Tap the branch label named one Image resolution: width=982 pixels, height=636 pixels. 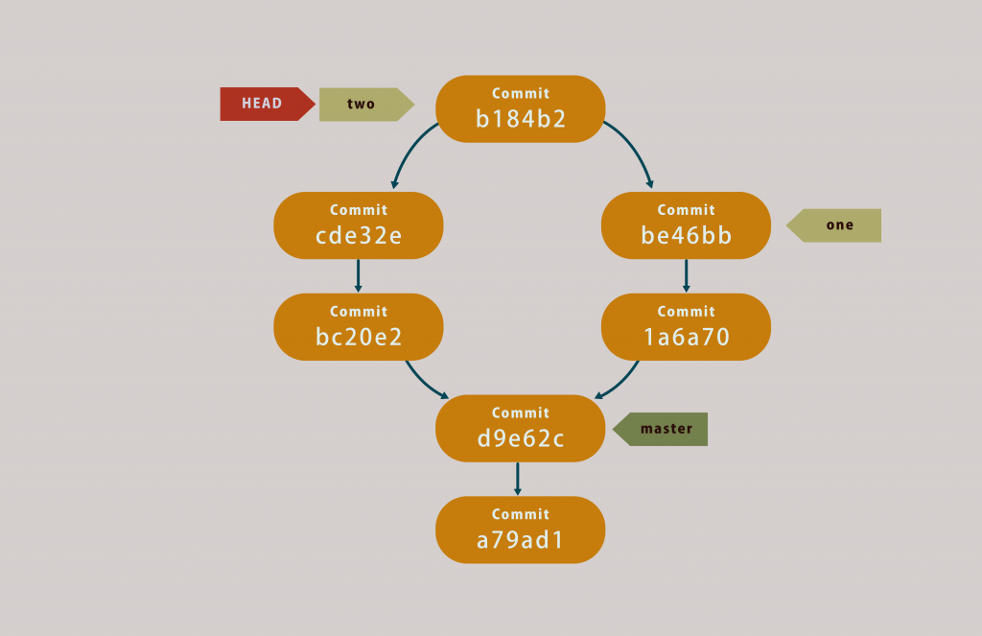[836, 225]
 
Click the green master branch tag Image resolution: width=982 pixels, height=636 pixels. [663, 429]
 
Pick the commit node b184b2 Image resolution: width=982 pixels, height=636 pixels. [521, 108]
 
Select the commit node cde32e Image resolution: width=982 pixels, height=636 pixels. [358, 225]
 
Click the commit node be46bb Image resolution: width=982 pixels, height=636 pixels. [686, 225]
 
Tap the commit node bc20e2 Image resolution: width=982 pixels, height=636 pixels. [358, 327]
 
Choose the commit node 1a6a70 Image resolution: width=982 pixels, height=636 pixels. [686, 327]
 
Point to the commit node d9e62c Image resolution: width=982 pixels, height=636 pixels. [521, 429]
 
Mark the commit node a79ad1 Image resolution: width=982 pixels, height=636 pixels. [521, 530]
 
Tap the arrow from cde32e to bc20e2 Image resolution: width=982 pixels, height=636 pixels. [358, 275]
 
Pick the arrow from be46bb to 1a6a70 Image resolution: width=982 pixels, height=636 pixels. [686, 275]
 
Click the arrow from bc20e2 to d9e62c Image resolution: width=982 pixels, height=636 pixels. [424, 382]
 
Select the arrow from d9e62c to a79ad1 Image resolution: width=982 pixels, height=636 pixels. [518, 479]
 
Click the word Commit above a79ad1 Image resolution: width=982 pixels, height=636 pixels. [521, 514]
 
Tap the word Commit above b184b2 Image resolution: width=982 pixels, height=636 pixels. [521, 93]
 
